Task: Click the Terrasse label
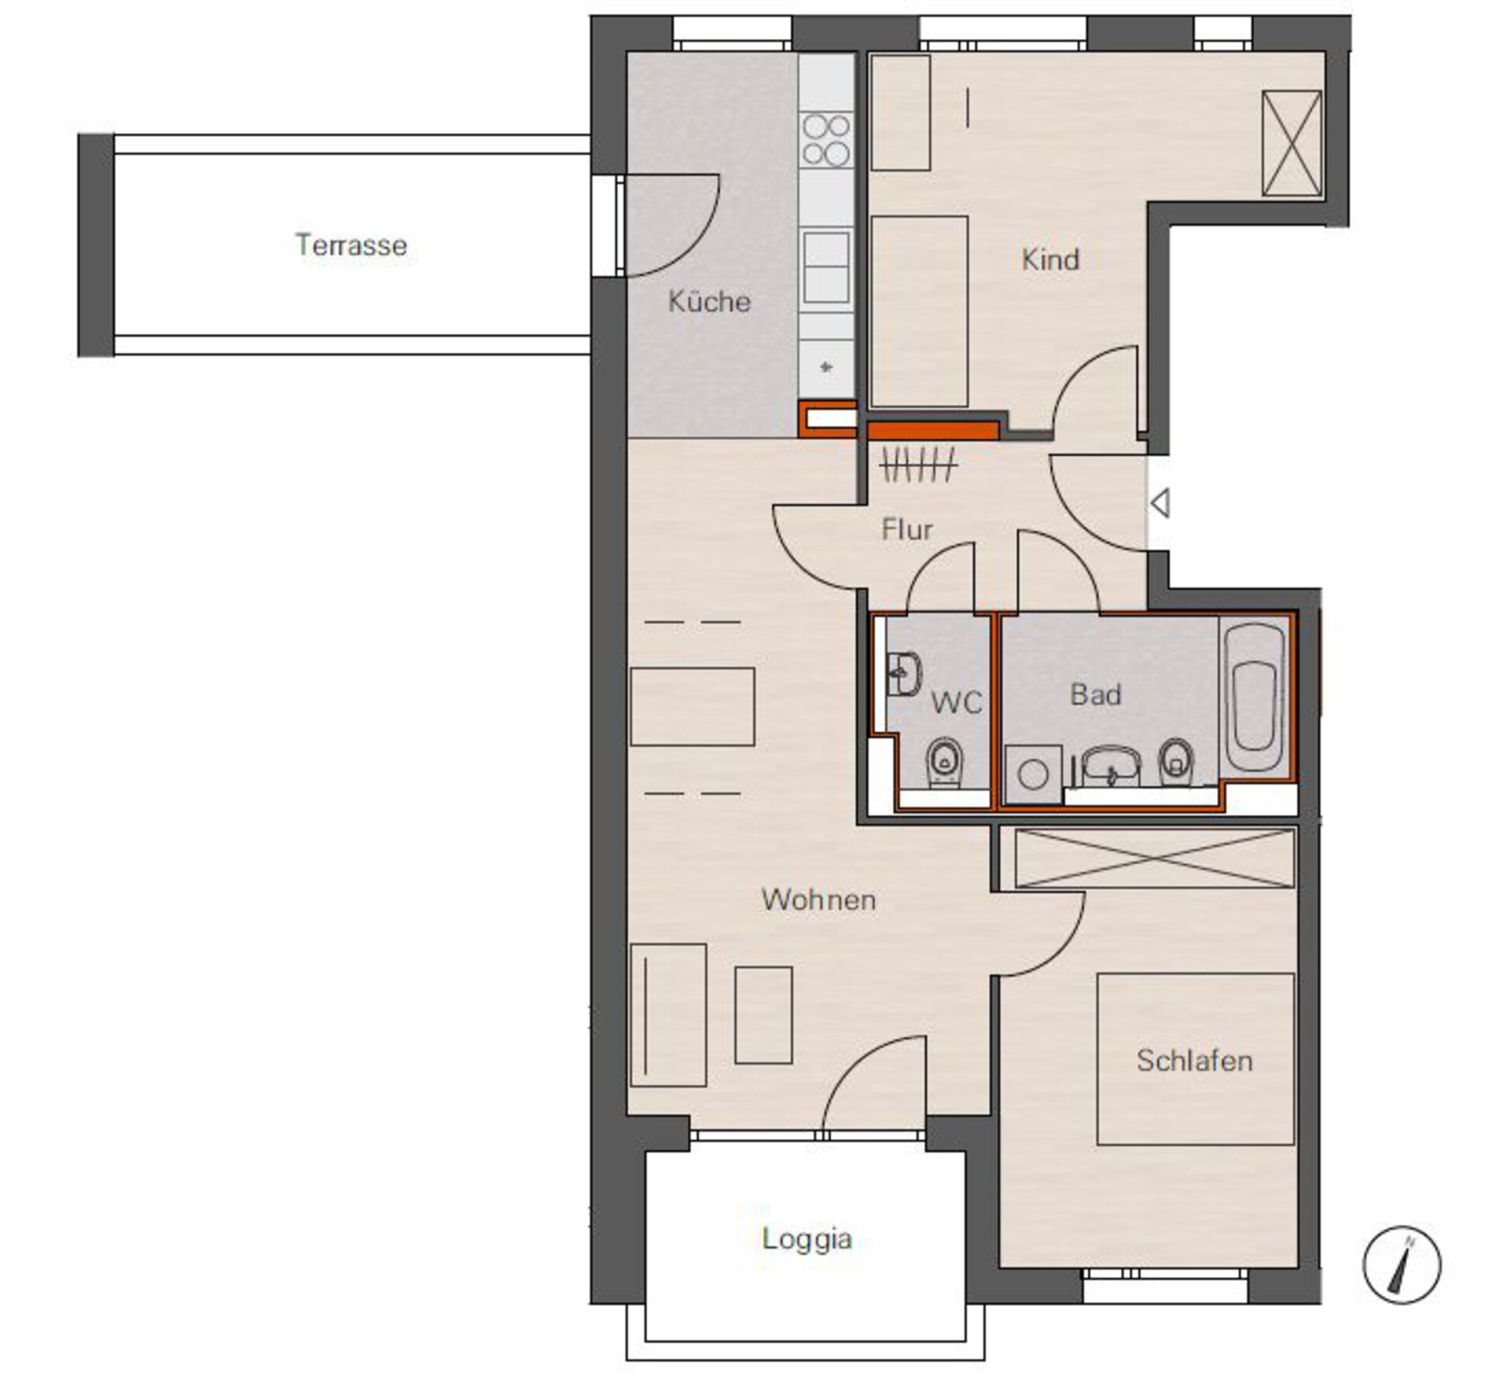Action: click(351, 246)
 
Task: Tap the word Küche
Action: click(709, 301)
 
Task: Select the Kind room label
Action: click(1051, 260)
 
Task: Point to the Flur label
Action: click(907, 530)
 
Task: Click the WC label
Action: click(957, 703)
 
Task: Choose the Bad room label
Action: click(1096, 694)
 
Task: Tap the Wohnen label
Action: click(819, 900)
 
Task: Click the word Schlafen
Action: click(1194, 1061)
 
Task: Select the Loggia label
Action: click(807, 1238)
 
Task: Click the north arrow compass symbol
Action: click(1402, 1265)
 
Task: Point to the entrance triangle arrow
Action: click(1161, 503)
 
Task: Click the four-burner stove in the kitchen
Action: click(826, 140)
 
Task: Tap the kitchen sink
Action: click(826, 267)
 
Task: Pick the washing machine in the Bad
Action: click(1034, 775)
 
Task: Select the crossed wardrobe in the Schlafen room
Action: click(1155, 858)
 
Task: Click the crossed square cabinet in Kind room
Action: click(1292, 144)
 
